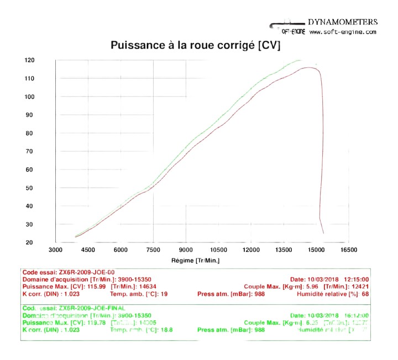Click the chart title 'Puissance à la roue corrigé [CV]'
click(x=196, y=45)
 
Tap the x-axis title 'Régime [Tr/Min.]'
click(x=195, y=260)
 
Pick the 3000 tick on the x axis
click(x=56, y=250)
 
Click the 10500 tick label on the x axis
click(x=218, y=250)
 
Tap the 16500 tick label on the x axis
click(x=348, y=250)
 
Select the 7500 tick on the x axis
click(x=154, y=250)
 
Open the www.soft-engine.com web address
click(x=343, y=32)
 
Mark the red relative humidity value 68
click(x=365, y=294)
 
